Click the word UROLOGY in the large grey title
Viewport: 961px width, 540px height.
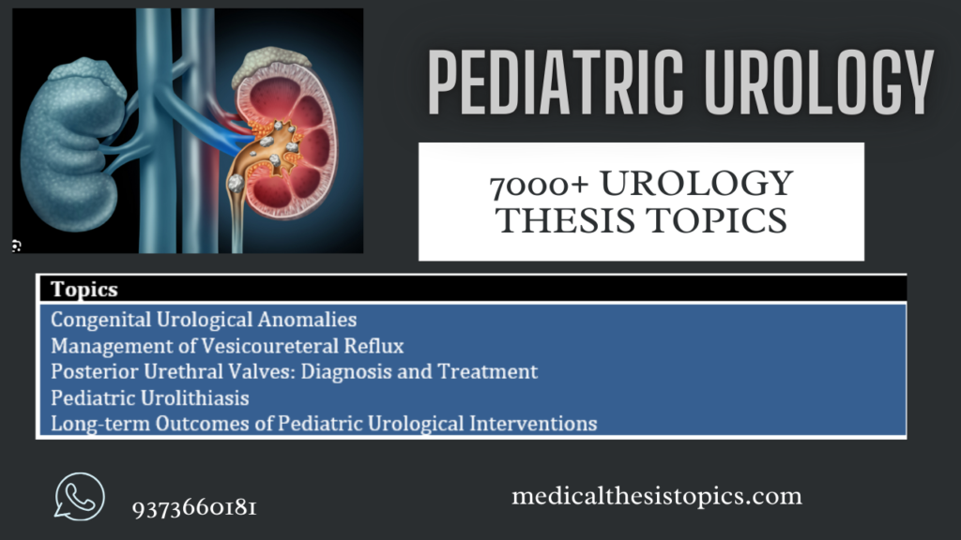[818, 82]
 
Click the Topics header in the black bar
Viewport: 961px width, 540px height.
[84, 289]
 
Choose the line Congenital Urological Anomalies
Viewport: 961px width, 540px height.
[204, 320]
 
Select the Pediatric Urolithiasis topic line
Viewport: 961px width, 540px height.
[150, 397]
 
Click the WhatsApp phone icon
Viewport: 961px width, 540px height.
[79, 497]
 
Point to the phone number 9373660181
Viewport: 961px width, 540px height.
[194, 508]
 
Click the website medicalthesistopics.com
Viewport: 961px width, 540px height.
[657, 496]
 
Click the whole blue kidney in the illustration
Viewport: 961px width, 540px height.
[70, 143]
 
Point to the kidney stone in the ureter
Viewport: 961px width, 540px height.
[236, 183]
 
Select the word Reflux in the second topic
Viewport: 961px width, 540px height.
[374, 346]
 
